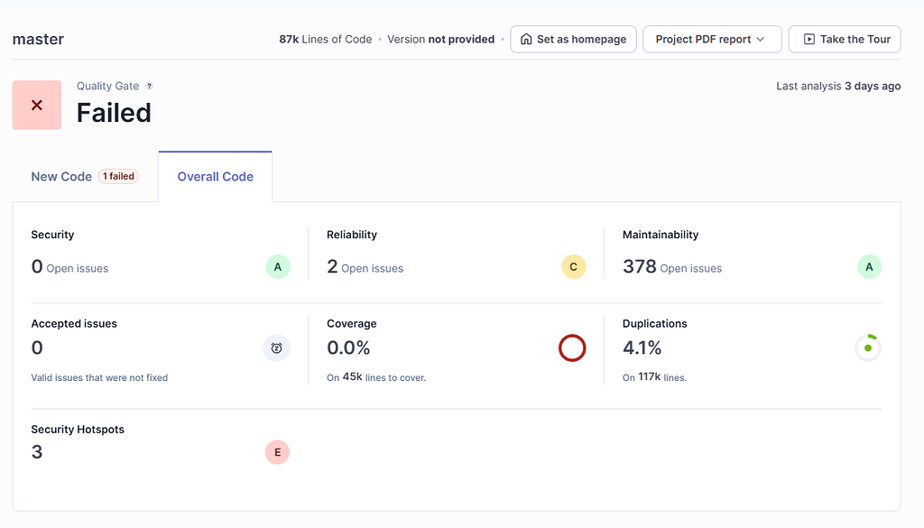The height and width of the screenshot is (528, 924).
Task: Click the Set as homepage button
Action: click(x=574, y=39)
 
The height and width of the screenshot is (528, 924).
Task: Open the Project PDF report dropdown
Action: click(x=711, y=39)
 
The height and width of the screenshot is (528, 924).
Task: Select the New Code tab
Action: click(x=61, y=177)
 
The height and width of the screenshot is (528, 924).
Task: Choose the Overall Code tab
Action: click(x=215, y=177)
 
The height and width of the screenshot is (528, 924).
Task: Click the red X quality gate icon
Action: click(x=37, y=105)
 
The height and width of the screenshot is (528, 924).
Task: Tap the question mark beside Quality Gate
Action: click(x=150, y=87)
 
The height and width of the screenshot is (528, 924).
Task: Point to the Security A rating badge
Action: click(x=278, y=267)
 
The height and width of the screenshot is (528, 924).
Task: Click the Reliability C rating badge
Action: click(x=574, y=267)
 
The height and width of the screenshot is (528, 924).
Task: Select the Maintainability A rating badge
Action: click(x=869, y=267)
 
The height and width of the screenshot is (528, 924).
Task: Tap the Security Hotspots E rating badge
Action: click(x=277, y=452)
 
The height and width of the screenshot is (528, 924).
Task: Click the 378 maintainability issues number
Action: click(x=639, y=266)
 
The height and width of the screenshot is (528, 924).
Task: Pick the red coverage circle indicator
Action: click(x=572, y=347)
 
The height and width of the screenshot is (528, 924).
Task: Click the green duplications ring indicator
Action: click(x=868, y=347)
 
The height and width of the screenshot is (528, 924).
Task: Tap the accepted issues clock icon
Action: click(x=276, y=347)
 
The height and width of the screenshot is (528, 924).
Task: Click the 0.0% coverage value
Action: click(x=348, y=347)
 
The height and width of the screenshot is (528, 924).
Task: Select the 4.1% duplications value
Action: click(x=642, y=347)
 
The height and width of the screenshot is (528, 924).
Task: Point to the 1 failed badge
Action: click(x=118, y=177)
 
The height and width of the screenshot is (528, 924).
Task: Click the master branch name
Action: click(x=38, y=39)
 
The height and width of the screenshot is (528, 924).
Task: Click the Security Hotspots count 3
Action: click(x=37, y=452)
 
